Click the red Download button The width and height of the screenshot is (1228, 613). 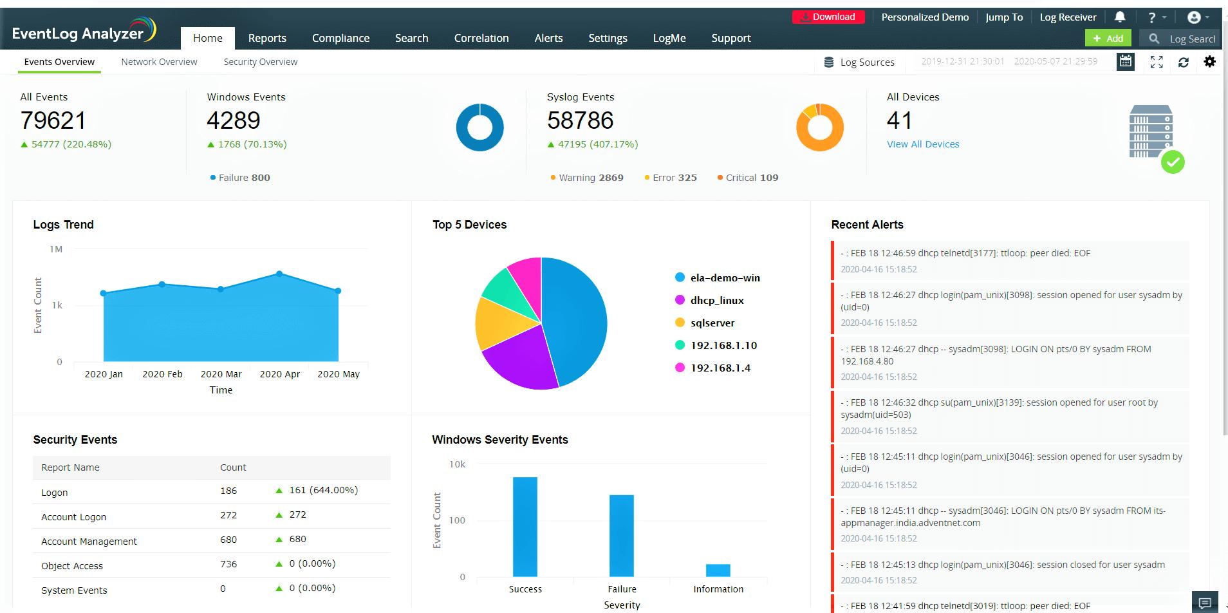828,17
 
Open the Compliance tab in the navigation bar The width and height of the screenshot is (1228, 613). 340,38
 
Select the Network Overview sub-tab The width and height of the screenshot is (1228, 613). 159,62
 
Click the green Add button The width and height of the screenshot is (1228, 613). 1108,38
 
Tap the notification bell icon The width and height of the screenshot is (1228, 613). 1120,17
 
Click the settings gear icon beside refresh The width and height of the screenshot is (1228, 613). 1210,62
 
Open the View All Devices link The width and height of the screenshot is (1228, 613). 922,144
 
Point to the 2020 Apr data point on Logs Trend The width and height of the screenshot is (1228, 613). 279,274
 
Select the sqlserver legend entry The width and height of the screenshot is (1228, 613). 712,323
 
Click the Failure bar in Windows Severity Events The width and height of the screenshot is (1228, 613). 621,535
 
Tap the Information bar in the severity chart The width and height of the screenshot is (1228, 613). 718,570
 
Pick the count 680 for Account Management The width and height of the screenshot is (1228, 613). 228,540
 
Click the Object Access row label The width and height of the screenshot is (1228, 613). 72,566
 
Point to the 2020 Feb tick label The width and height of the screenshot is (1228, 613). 162,374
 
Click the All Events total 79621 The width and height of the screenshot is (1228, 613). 53,120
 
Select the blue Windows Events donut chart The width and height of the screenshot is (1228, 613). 479,127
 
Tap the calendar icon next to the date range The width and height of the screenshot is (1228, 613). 1125,62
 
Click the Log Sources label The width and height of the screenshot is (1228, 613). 866,62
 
